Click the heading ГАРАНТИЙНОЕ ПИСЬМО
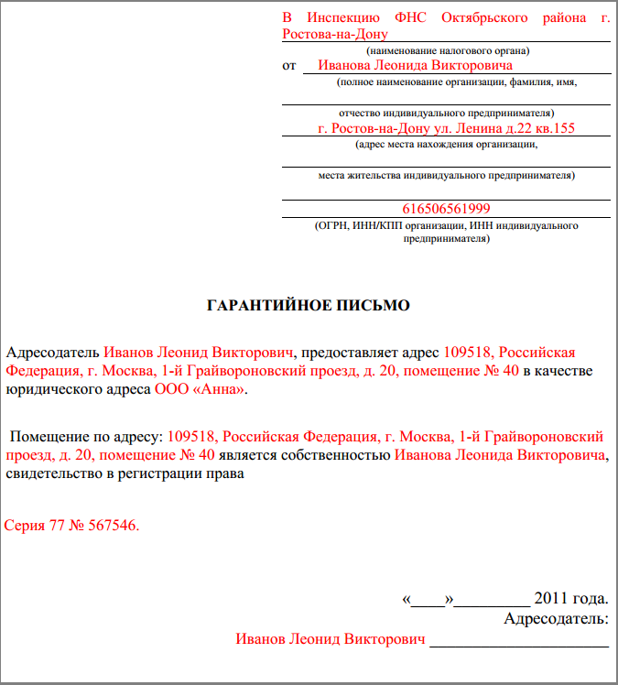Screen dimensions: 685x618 (309, 304)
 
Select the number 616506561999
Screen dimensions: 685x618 (446, 209)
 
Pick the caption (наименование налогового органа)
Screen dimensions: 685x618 (447, 50)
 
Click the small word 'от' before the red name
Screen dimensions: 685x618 (290, 66)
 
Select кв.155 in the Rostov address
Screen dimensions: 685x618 (554, 128)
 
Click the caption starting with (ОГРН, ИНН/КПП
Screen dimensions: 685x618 (446, 224)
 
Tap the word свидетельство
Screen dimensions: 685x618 (51, 474)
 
